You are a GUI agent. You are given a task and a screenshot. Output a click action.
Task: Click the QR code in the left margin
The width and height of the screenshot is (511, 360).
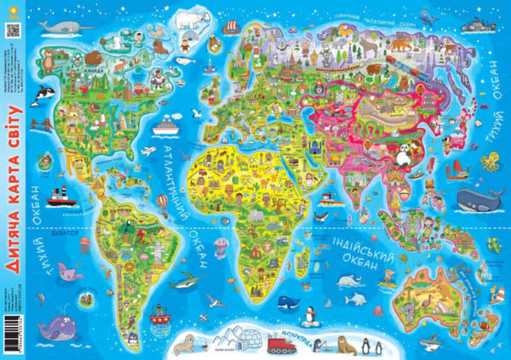(x=11, y=29)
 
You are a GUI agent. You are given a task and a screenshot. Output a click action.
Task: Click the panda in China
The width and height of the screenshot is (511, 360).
(x=400, y=153)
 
